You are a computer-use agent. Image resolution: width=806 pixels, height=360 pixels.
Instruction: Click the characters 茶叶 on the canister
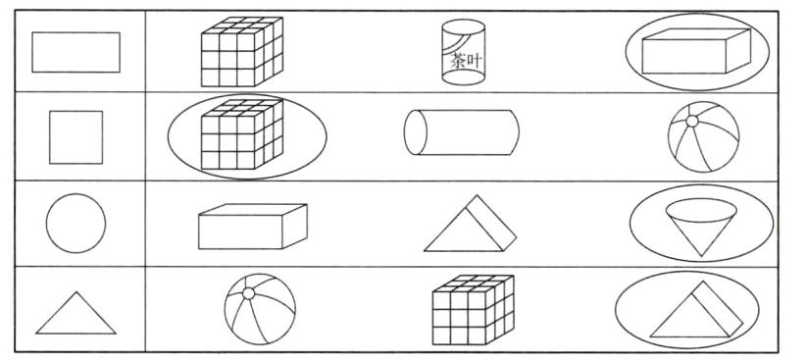tap(467, 61)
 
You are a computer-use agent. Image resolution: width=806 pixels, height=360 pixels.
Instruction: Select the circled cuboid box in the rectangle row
tap(696, 51)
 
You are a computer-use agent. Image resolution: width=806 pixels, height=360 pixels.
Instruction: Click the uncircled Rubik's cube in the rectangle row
tap(242, 51)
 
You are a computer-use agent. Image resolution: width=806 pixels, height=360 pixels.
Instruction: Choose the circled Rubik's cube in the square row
tap(242, 134)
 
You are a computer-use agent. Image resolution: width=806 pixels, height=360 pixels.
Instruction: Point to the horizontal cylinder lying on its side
tap(462, 132)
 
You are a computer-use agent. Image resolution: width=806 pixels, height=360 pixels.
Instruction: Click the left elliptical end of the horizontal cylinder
tap(416, 132)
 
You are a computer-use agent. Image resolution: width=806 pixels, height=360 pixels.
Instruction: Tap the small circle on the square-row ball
tap(692, 122)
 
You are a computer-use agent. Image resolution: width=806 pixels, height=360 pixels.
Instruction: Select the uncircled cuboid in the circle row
tap(253, 227)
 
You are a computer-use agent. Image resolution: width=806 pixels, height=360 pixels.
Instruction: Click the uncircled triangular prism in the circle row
tap(471, 224)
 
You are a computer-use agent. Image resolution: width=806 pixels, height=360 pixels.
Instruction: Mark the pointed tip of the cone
tap(701, 256)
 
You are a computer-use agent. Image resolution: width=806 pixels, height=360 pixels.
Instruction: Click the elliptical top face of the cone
tap(701, 210)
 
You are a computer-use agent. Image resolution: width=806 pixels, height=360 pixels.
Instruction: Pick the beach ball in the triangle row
tap(260, 309)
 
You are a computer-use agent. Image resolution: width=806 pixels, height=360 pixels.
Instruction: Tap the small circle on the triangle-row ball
tap(248, 293)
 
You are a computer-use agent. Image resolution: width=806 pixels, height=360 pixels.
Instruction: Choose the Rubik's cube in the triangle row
tap(474, 310)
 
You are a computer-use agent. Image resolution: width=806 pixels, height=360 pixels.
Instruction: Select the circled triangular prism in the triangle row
tap(696, 309)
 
